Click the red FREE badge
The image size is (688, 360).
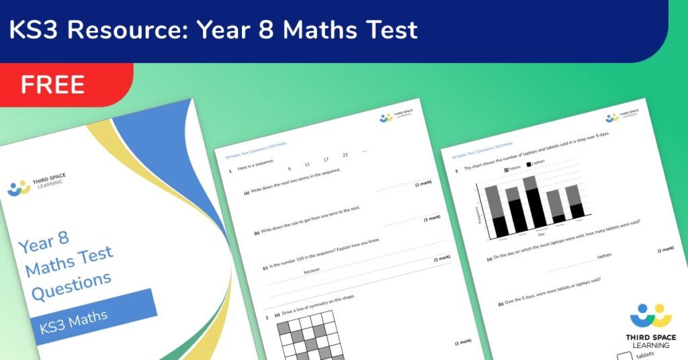[54, 85]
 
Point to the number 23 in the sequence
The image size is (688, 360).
[345, 155]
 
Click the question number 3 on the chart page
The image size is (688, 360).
[457, 171]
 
